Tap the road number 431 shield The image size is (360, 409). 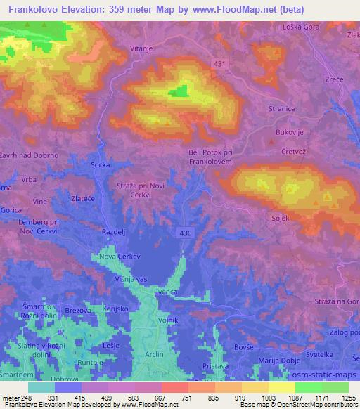tap(220, 64)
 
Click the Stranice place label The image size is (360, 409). tap(281, 110)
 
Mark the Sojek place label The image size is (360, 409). tap(281, 219)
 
